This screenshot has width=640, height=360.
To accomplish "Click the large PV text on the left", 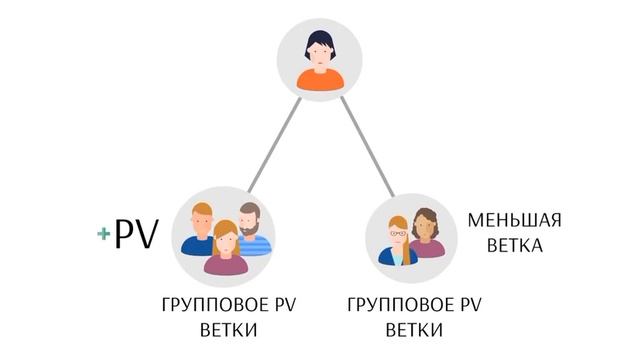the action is coord(136,235).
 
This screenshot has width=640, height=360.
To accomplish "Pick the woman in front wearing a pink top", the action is coord(226,249).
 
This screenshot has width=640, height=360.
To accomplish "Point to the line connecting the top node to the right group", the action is coord(365,146).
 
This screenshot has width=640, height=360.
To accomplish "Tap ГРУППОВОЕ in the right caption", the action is coord(391,304).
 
